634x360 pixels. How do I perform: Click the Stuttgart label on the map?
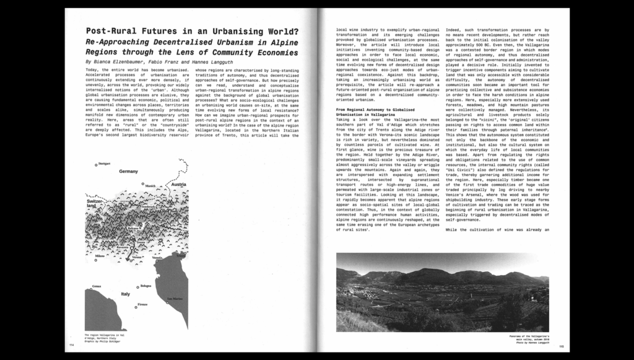[104, 164]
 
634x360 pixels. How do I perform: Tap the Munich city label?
[150, 185]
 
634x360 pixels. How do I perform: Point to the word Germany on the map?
[128, 171]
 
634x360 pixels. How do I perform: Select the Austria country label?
[178, 185]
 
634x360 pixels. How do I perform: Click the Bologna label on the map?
[145, 286]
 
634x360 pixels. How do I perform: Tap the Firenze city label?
[142, 305]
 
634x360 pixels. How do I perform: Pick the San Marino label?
[174, 299]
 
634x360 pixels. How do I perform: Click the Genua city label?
[96, 287]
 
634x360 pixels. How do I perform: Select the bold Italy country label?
[126, 294]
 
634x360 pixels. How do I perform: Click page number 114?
[72, 346]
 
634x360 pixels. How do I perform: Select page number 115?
[562, 346]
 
